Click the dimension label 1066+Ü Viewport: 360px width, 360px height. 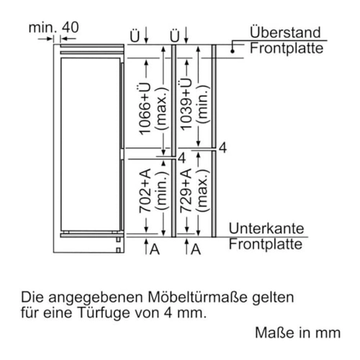click(x=145, y=109)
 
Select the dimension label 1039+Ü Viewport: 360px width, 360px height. click(x=186, y=104)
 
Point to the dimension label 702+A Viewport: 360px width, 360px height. click(x=145, y=191)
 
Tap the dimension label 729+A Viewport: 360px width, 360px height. click(x=186, y=191)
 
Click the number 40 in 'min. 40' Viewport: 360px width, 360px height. click(x=71, y=27)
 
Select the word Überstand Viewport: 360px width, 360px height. click(x=285, y=32)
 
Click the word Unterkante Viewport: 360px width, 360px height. click(x=266, y=228)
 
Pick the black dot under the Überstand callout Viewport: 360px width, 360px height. click(x=232, y=51)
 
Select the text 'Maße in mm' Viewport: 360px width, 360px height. click(x=298, y=333)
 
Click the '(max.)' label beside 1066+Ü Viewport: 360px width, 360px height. click(x=161, y=109)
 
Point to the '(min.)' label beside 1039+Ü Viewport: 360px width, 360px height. click(x=202, y=104)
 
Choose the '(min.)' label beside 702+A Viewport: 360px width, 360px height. click(x=161, y=191)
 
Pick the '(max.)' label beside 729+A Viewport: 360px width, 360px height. click(x=202, y=191)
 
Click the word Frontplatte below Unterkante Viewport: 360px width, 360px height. click(x=266, y=245)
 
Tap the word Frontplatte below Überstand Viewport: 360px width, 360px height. click(x=287, y=48)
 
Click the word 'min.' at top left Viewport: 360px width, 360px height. click(x=43, y=27)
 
